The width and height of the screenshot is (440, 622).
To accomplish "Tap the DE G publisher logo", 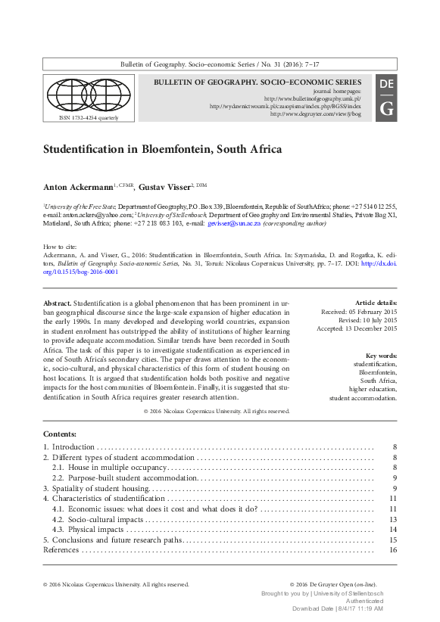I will [x=385, y=96].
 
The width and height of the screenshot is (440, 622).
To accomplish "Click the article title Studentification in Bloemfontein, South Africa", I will [x=162, y=149].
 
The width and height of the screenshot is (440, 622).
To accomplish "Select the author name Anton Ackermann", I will [x=89, y=187].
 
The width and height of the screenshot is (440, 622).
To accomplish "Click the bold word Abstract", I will [x=58, y=303].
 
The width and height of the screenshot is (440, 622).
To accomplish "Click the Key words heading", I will [x=380, y=356].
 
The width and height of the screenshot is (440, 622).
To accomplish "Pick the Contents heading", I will [x=60, y=434].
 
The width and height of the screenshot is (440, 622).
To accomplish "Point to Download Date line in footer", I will [x=337, y=608].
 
